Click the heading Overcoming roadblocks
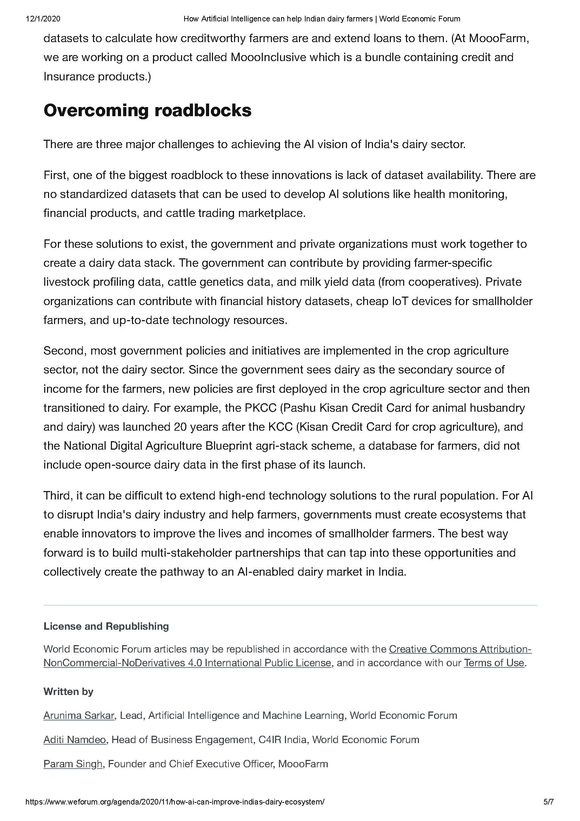147,111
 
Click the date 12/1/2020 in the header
43,19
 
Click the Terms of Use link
494,663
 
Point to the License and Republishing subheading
106,626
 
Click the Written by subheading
68,691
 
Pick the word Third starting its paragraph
57,496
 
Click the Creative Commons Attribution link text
460,649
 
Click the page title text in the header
322,19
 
